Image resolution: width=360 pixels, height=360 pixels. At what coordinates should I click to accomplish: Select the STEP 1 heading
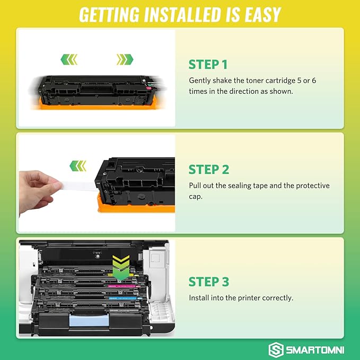coord(208,65)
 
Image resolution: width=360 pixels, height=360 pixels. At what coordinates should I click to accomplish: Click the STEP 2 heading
coord(209,170)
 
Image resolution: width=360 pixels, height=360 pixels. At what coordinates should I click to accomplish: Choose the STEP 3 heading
coord(209,281)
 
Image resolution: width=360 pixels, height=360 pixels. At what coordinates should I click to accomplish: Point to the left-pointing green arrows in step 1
coord(68,59)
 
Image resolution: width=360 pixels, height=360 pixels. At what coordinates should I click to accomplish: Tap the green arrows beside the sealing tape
coord(79,167)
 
